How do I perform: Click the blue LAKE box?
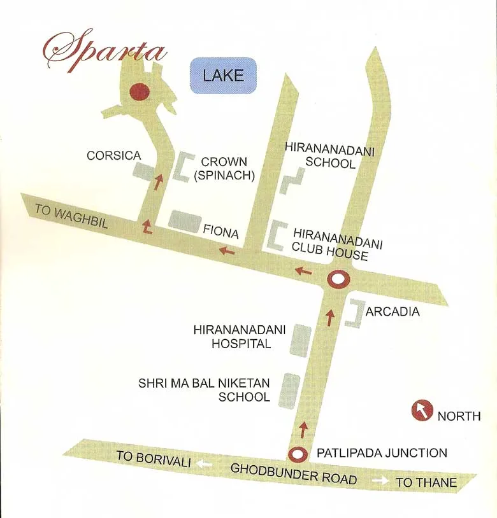click(x=223, y=75)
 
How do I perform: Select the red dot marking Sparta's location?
click(x=138, y=92)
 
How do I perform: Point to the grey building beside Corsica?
click(x=142, y=171)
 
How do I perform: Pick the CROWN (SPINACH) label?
click(x=224, y=169)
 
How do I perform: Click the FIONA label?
click(x=220, y=232)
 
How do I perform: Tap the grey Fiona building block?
click(x=185, y=220)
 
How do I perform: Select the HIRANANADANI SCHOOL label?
click(x=329, y=156)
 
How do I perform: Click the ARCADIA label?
click(x=393, y=312)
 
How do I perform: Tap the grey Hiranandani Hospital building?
click(x=300, y=340)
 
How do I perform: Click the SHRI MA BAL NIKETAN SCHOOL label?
click(x=205, y=389)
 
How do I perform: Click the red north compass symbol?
click(x=422, y=410)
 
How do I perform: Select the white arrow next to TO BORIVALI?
click(x=204, y=464)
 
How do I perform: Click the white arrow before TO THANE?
click(x=380, y=480)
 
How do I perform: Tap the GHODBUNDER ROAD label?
click(x=293, y=473)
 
